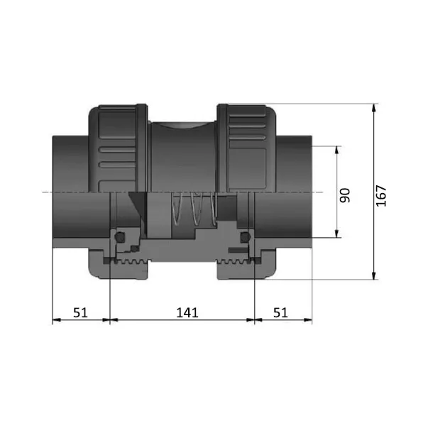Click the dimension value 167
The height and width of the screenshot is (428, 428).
[x=381, y=196]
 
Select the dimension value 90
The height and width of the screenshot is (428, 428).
[x=345, y=195]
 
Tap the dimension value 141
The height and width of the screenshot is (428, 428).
[x=187, y=312]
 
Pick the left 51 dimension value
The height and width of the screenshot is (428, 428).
[x=80, y=312]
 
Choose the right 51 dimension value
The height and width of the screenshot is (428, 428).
[x=280, y=312]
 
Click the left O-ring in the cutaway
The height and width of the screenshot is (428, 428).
[x=120, y=236]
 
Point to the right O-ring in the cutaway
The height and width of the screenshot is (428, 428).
[x=245, y=236]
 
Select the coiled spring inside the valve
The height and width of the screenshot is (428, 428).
[x=194, y=208]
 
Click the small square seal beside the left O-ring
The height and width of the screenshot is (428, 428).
[x=134, y=248]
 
